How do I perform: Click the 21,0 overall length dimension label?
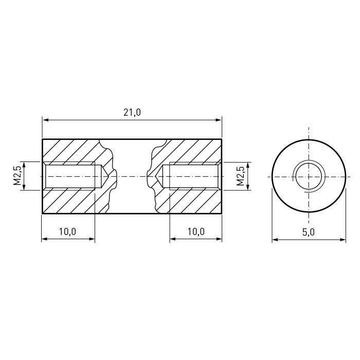tap(132, 113)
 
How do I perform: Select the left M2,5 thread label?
tap(17, 176)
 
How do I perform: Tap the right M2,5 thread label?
tap(240, 176)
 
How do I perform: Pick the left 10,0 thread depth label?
tap(67, 231)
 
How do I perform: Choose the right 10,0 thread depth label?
tap(196, 231)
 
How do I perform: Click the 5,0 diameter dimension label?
tap(309, 232)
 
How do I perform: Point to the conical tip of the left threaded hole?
tap(108, 176)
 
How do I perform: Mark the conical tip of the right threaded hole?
tap(156, 176)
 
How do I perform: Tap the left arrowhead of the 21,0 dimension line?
tap(45, 120)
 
